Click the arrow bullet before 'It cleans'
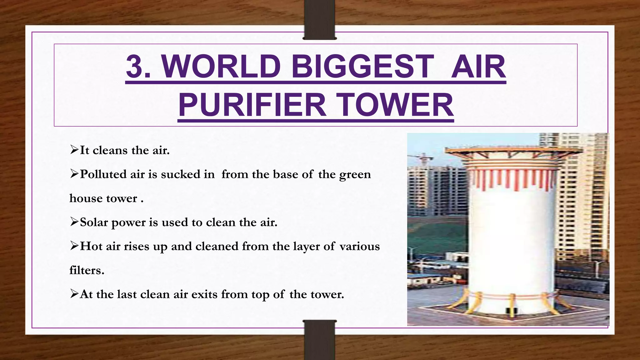point(74,150)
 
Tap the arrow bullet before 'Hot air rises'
point(74,246)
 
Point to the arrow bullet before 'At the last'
point(74,294)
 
